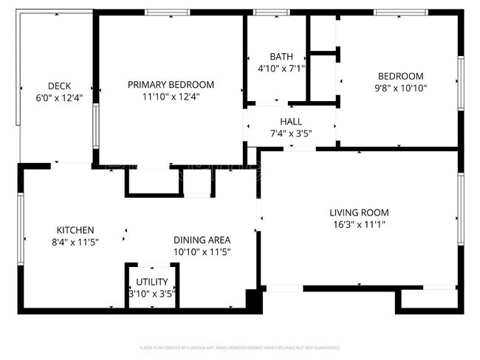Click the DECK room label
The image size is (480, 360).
[x=58, y=86]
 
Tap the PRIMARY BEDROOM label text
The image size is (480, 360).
[x=171, y=84]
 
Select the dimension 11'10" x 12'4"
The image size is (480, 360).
[x=171, y=96]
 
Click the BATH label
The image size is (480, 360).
[x=281, y=56]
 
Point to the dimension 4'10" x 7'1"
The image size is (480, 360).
[x=281, y=68]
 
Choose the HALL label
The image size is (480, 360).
[x=290, y=121]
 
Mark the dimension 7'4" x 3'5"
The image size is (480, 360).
[x=290, y=133]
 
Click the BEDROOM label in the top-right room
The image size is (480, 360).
[x=400, y=76]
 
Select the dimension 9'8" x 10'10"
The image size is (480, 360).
[x=400, y=88]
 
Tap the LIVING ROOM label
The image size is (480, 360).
[x=359, y=212]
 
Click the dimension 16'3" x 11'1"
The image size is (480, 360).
[x=359, y=224]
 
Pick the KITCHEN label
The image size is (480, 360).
[x=75, y=230]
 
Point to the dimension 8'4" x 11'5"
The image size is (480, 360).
[x=75, y=241]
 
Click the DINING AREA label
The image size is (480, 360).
[x=202, y=240]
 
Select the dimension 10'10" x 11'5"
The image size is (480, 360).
[x=202, y=252]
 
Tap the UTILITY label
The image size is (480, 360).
[x=152, y=282]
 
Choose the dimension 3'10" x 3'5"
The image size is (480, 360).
[x=152, y=294]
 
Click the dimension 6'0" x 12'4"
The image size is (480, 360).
[x=58, y=97]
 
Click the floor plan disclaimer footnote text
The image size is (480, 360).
[x=240, y=347]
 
